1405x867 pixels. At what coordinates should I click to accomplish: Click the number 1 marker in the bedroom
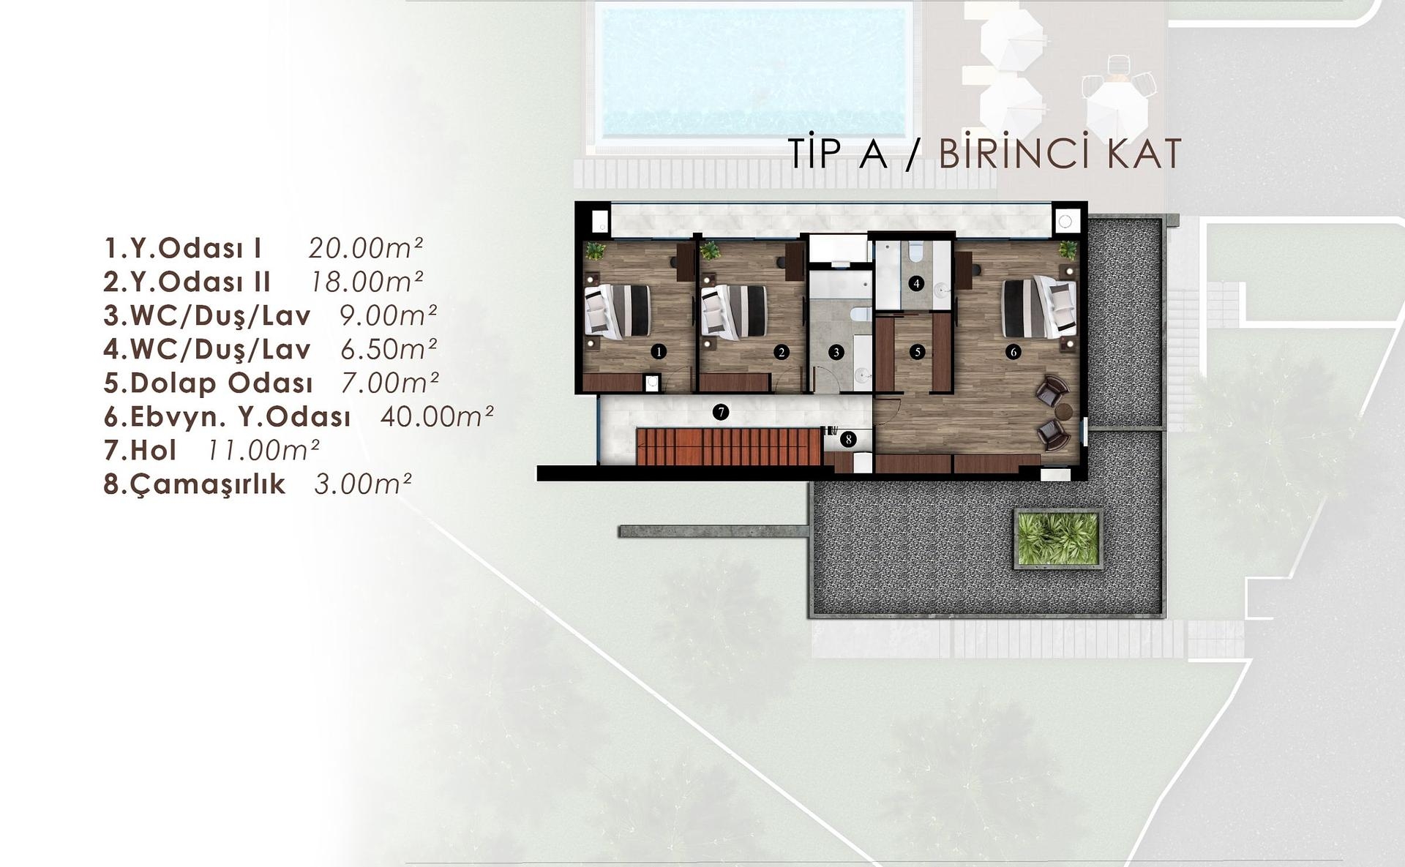click(659, 352)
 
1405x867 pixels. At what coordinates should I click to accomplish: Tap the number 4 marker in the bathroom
click(917, 283)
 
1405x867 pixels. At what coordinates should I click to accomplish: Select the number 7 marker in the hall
click(721, 413)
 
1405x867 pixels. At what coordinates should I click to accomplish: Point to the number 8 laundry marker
click(848, 439)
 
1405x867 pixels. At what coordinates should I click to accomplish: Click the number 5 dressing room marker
click(918, 352)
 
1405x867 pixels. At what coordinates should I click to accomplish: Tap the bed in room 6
click(1039, 307)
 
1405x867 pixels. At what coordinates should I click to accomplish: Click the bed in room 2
click(734, 312)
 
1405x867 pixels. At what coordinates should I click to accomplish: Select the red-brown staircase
click(729, 447)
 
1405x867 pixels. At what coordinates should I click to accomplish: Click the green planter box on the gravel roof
click(1058, 538)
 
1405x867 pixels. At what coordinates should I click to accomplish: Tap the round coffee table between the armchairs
click(1063, 412)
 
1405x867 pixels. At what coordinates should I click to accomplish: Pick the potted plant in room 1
click(595, 251)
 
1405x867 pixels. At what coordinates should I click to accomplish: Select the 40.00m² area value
click(437, 416)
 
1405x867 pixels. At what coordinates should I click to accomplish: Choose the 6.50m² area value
click(389, 349)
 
